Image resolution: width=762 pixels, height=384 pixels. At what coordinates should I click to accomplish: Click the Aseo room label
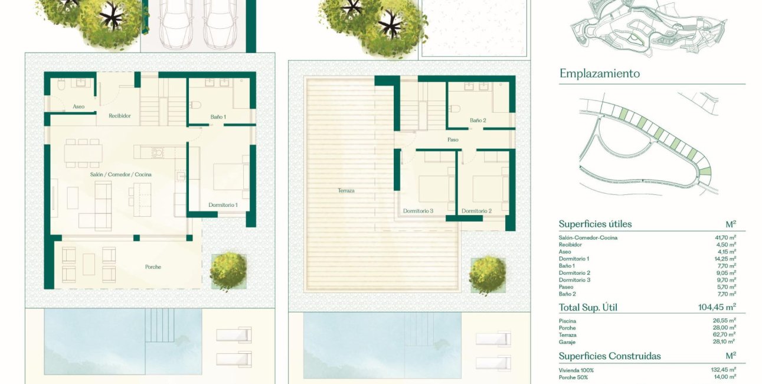[79, 107]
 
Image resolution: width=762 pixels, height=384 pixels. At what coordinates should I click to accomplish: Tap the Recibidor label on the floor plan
[120, 116]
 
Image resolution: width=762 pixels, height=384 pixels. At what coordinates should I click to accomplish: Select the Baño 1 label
[218, 118]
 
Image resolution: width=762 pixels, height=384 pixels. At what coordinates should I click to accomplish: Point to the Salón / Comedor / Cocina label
[117, 175]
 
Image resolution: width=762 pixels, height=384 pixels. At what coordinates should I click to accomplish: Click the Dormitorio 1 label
[223, 205]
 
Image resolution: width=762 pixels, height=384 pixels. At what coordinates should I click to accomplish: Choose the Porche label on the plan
[153, 267]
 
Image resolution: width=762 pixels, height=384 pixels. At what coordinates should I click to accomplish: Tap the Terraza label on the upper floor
[346, 191]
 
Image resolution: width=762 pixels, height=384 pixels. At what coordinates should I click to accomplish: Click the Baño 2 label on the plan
[478, 121]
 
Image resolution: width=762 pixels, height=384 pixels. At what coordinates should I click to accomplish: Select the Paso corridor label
[453, 140]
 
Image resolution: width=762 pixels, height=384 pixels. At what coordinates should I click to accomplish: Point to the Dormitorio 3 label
[418, 211]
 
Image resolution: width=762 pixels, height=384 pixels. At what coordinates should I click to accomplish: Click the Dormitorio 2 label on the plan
[476, 211]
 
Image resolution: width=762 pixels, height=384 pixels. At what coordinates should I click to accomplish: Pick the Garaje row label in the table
[567, 342]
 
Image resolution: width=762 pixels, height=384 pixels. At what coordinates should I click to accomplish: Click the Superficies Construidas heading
[610, 356]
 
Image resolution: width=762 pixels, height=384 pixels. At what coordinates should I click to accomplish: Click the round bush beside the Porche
[228, 271]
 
